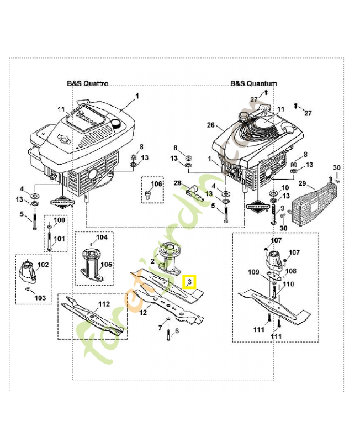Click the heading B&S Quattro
(87, 83)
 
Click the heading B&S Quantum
(253, 83)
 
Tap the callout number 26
(210, 125)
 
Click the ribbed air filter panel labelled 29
(310, 204)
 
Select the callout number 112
(104, 303)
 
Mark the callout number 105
(107, 265)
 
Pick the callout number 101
(59, 239)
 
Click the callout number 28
(178, 183)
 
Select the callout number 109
(253, 272)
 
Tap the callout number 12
(142, 313)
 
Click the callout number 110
(288, 284)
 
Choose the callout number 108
(290, 271)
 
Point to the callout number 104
(102, 238)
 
